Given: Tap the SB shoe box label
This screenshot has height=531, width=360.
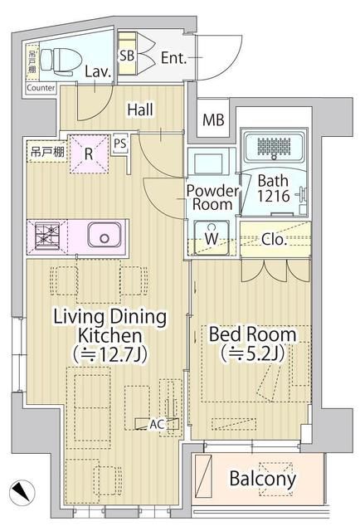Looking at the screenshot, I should click(127, 56).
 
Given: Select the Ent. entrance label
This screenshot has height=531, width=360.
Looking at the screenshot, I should click(175, 57).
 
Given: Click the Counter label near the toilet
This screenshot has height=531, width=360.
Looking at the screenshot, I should click(41, 88).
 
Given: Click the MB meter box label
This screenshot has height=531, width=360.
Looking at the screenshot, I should click(214, 119).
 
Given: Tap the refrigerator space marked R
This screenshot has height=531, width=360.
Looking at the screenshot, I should click(89, 153).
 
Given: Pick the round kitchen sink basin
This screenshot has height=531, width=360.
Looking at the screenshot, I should click(105, 237).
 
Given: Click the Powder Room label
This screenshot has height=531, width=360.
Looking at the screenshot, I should click(212, 197).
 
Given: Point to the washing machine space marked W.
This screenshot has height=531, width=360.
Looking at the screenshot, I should click(212, 238).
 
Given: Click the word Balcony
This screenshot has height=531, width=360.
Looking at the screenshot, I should click(262, 479).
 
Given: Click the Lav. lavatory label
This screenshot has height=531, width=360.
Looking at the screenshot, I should click(98, 72).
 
